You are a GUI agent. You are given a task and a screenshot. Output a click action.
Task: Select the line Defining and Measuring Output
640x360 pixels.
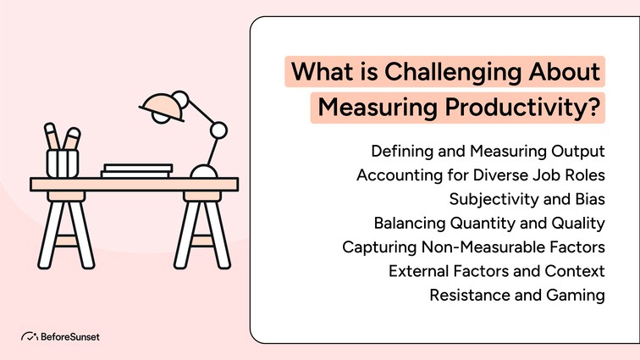(488, 152)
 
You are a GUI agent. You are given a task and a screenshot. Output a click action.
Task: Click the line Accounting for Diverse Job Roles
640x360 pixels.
(481, 175)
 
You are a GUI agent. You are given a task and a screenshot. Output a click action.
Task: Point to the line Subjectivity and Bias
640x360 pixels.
(527, 199)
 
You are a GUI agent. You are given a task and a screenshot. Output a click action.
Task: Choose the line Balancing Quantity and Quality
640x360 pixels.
(489, 224)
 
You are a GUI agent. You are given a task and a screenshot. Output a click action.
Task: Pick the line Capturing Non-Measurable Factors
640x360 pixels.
(473, 247)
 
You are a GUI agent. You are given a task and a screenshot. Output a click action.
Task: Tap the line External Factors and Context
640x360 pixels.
(496, 271)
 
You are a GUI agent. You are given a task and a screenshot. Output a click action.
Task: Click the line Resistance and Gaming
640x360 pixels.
(516, 296)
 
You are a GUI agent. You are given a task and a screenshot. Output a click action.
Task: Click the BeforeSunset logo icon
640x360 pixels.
(29, 336)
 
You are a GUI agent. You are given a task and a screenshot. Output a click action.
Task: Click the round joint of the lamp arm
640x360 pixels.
(218, 130)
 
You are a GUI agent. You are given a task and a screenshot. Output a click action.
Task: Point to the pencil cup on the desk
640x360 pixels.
(63, 161)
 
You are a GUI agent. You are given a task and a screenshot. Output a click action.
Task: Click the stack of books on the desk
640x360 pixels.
(137, 170)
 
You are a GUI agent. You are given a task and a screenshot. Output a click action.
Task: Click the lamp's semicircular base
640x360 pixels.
(205, 171)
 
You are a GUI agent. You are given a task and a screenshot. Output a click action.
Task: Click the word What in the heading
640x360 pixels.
(317, 72)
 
